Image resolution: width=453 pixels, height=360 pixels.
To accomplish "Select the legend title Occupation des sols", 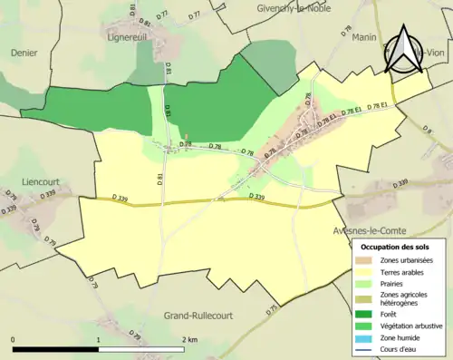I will click(397, 247).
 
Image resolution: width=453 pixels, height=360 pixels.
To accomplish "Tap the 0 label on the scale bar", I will click(14, 339).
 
